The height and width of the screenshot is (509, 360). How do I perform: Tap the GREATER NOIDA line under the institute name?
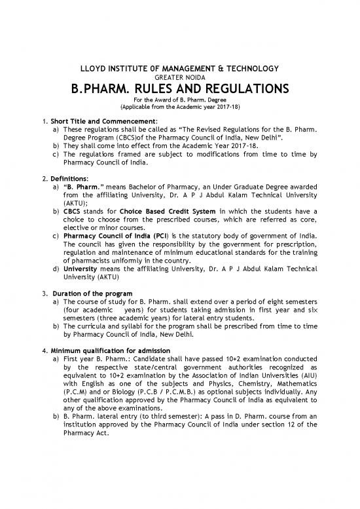click(x=179, y=78)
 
